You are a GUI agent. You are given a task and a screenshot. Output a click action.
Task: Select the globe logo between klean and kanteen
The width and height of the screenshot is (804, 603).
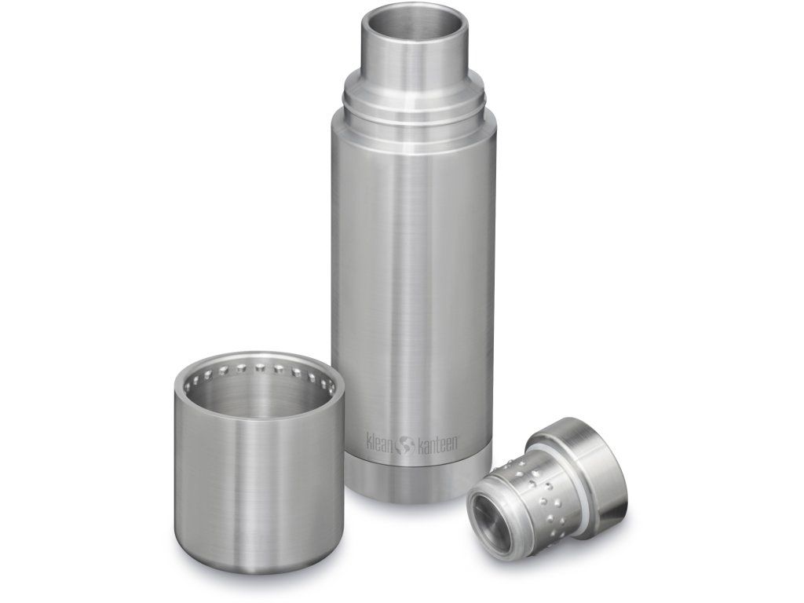pyautogui.click(x=406, y=444)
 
